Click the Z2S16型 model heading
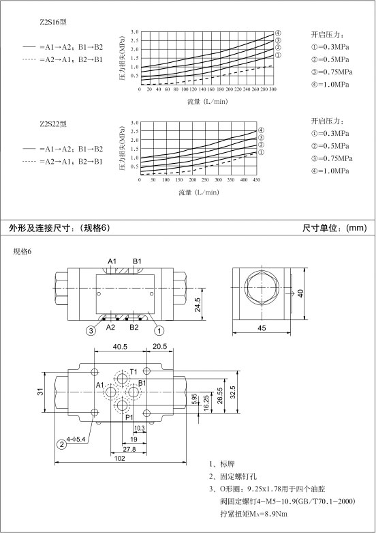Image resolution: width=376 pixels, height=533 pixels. click(x=53, y=23)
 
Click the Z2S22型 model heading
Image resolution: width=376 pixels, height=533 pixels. click(x=53, y=124)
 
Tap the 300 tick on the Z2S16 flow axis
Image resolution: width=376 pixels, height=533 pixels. click(x=273, y=89)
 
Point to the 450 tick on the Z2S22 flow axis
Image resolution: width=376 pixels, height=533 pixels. click(x=256, y=179)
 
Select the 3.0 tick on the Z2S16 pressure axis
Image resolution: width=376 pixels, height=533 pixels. click(x=135, y=32)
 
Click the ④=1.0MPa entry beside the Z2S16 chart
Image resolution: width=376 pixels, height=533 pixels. click(x=330, y=85)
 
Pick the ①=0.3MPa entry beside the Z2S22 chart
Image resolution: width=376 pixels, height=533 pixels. click(x=330, y=133)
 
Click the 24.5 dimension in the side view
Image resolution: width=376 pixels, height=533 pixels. click(x=198, y=304)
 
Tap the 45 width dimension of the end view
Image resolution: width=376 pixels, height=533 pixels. click(x=262, y=328)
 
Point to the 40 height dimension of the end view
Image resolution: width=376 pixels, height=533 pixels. click(x=300, y=293)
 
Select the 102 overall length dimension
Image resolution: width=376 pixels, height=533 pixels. click(x=120, y=458)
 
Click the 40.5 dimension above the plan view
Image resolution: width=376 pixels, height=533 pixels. click(x=120, y=347)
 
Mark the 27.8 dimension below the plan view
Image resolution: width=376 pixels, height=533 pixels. click(x=129, y=449)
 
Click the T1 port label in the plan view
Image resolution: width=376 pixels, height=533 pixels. click(x=134, y=371)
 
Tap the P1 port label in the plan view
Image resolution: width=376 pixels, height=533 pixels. click(x=129, y=418)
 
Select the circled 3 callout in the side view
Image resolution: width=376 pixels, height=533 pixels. click(x=91, y=330)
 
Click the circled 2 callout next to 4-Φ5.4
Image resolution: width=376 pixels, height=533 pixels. click(x=62, y=444)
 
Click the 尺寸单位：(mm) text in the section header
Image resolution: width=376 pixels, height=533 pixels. click(x=334, y=228)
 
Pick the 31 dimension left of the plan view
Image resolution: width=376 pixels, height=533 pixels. click(x=41, y=391)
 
